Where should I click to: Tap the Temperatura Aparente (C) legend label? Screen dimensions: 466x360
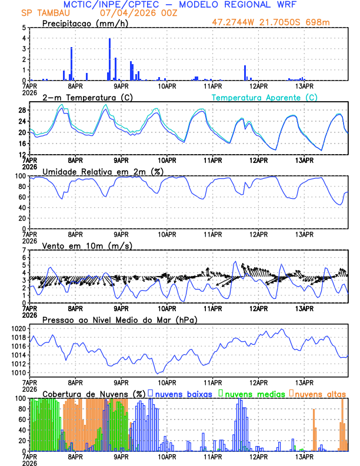tap(264, 97)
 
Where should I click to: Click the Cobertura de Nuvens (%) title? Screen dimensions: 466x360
tap(94, 393)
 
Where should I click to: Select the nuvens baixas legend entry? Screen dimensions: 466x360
tap(185, 393)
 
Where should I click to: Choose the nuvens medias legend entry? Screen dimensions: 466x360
tap(254, 393)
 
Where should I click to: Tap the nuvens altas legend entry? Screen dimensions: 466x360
tap(321, 393)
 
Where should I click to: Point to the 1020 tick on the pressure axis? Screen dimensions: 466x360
tap(20, 328)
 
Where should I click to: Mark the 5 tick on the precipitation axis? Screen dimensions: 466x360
tap(24, 28)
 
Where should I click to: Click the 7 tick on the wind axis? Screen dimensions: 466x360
tap(24, 250)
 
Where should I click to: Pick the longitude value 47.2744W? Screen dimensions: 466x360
tap(235, 23)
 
